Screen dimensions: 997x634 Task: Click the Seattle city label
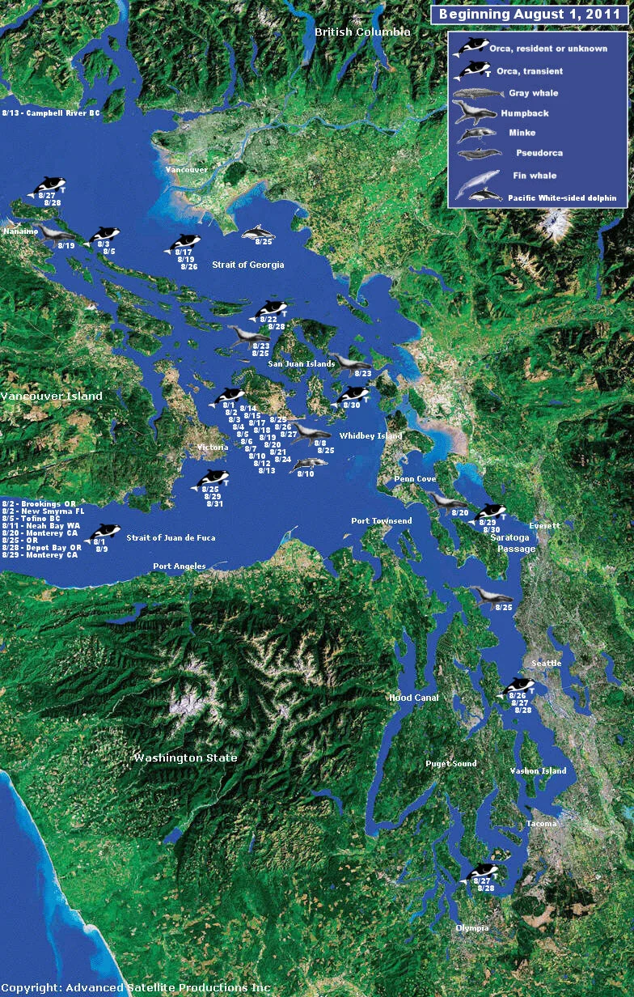(x=547, y=664)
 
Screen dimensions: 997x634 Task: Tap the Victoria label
(x=213, y=448)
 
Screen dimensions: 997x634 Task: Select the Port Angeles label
(x=180, y=566)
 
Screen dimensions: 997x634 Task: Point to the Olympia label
(x=472, y=928)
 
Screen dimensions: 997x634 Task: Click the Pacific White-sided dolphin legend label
(x=562, y=197)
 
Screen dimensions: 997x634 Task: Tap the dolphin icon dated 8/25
(x=262, y=232)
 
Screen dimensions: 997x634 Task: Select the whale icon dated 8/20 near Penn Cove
(x=446, y=502)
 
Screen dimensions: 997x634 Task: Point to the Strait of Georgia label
(x=248, y=265)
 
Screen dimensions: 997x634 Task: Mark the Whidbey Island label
(x=370, y=436)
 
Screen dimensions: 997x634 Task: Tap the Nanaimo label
(x=17, y=231)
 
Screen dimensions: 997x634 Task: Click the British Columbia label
(x=362, y=32)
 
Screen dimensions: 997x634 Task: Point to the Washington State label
(x=186, y=758)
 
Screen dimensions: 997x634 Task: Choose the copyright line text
(x=135, y=988)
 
